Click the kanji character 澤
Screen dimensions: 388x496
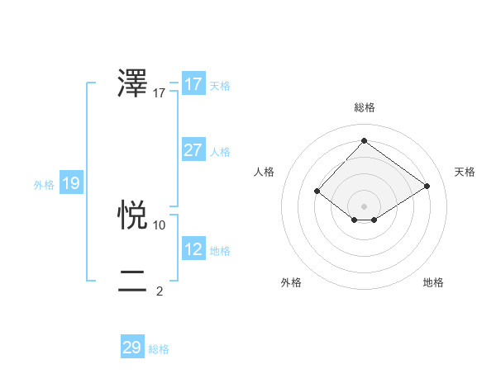(x=133, y=84)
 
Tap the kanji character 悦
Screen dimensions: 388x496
(x=133, y=215)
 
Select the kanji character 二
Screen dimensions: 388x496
(x=133, y=282)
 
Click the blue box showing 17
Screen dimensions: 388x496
(x=193, y=84)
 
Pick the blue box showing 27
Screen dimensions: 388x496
(x=193, y=150)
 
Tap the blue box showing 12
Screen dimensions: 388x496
(x=193, y=249)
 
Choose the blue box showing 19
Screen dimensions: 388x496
(x=71, y=183)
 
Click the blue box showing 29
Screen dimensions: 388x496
(x=132, y=348)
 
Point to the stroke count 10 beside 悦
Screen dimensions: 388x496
(x=160, y=225)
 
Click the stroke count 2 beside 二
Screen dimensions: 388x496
(x=160, y=291)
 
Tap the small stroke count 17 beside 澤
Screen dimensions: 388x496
(x=160, y=93)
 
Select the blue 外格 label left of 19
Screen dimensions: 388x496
(x=44, y=185)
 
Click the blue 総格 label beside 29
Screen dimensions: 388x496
(x=159, y=349)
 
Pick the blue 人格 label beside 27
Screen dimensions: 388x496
(x=220, y=152)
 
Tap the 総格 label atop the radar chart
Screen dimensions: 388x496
(x=364, y=107)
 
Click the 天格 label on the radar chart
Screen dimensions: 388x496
(x=465, y=172)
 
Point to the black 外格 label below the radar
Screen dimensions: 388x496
(x=291, y=282)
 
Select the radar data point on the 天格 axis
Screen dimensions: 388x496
(x=427, y=186)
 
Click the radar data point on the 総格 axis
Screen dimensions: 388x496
(x=364, y=140)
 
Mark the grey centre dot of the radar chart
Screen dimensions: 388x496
(x=364, y=206)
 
